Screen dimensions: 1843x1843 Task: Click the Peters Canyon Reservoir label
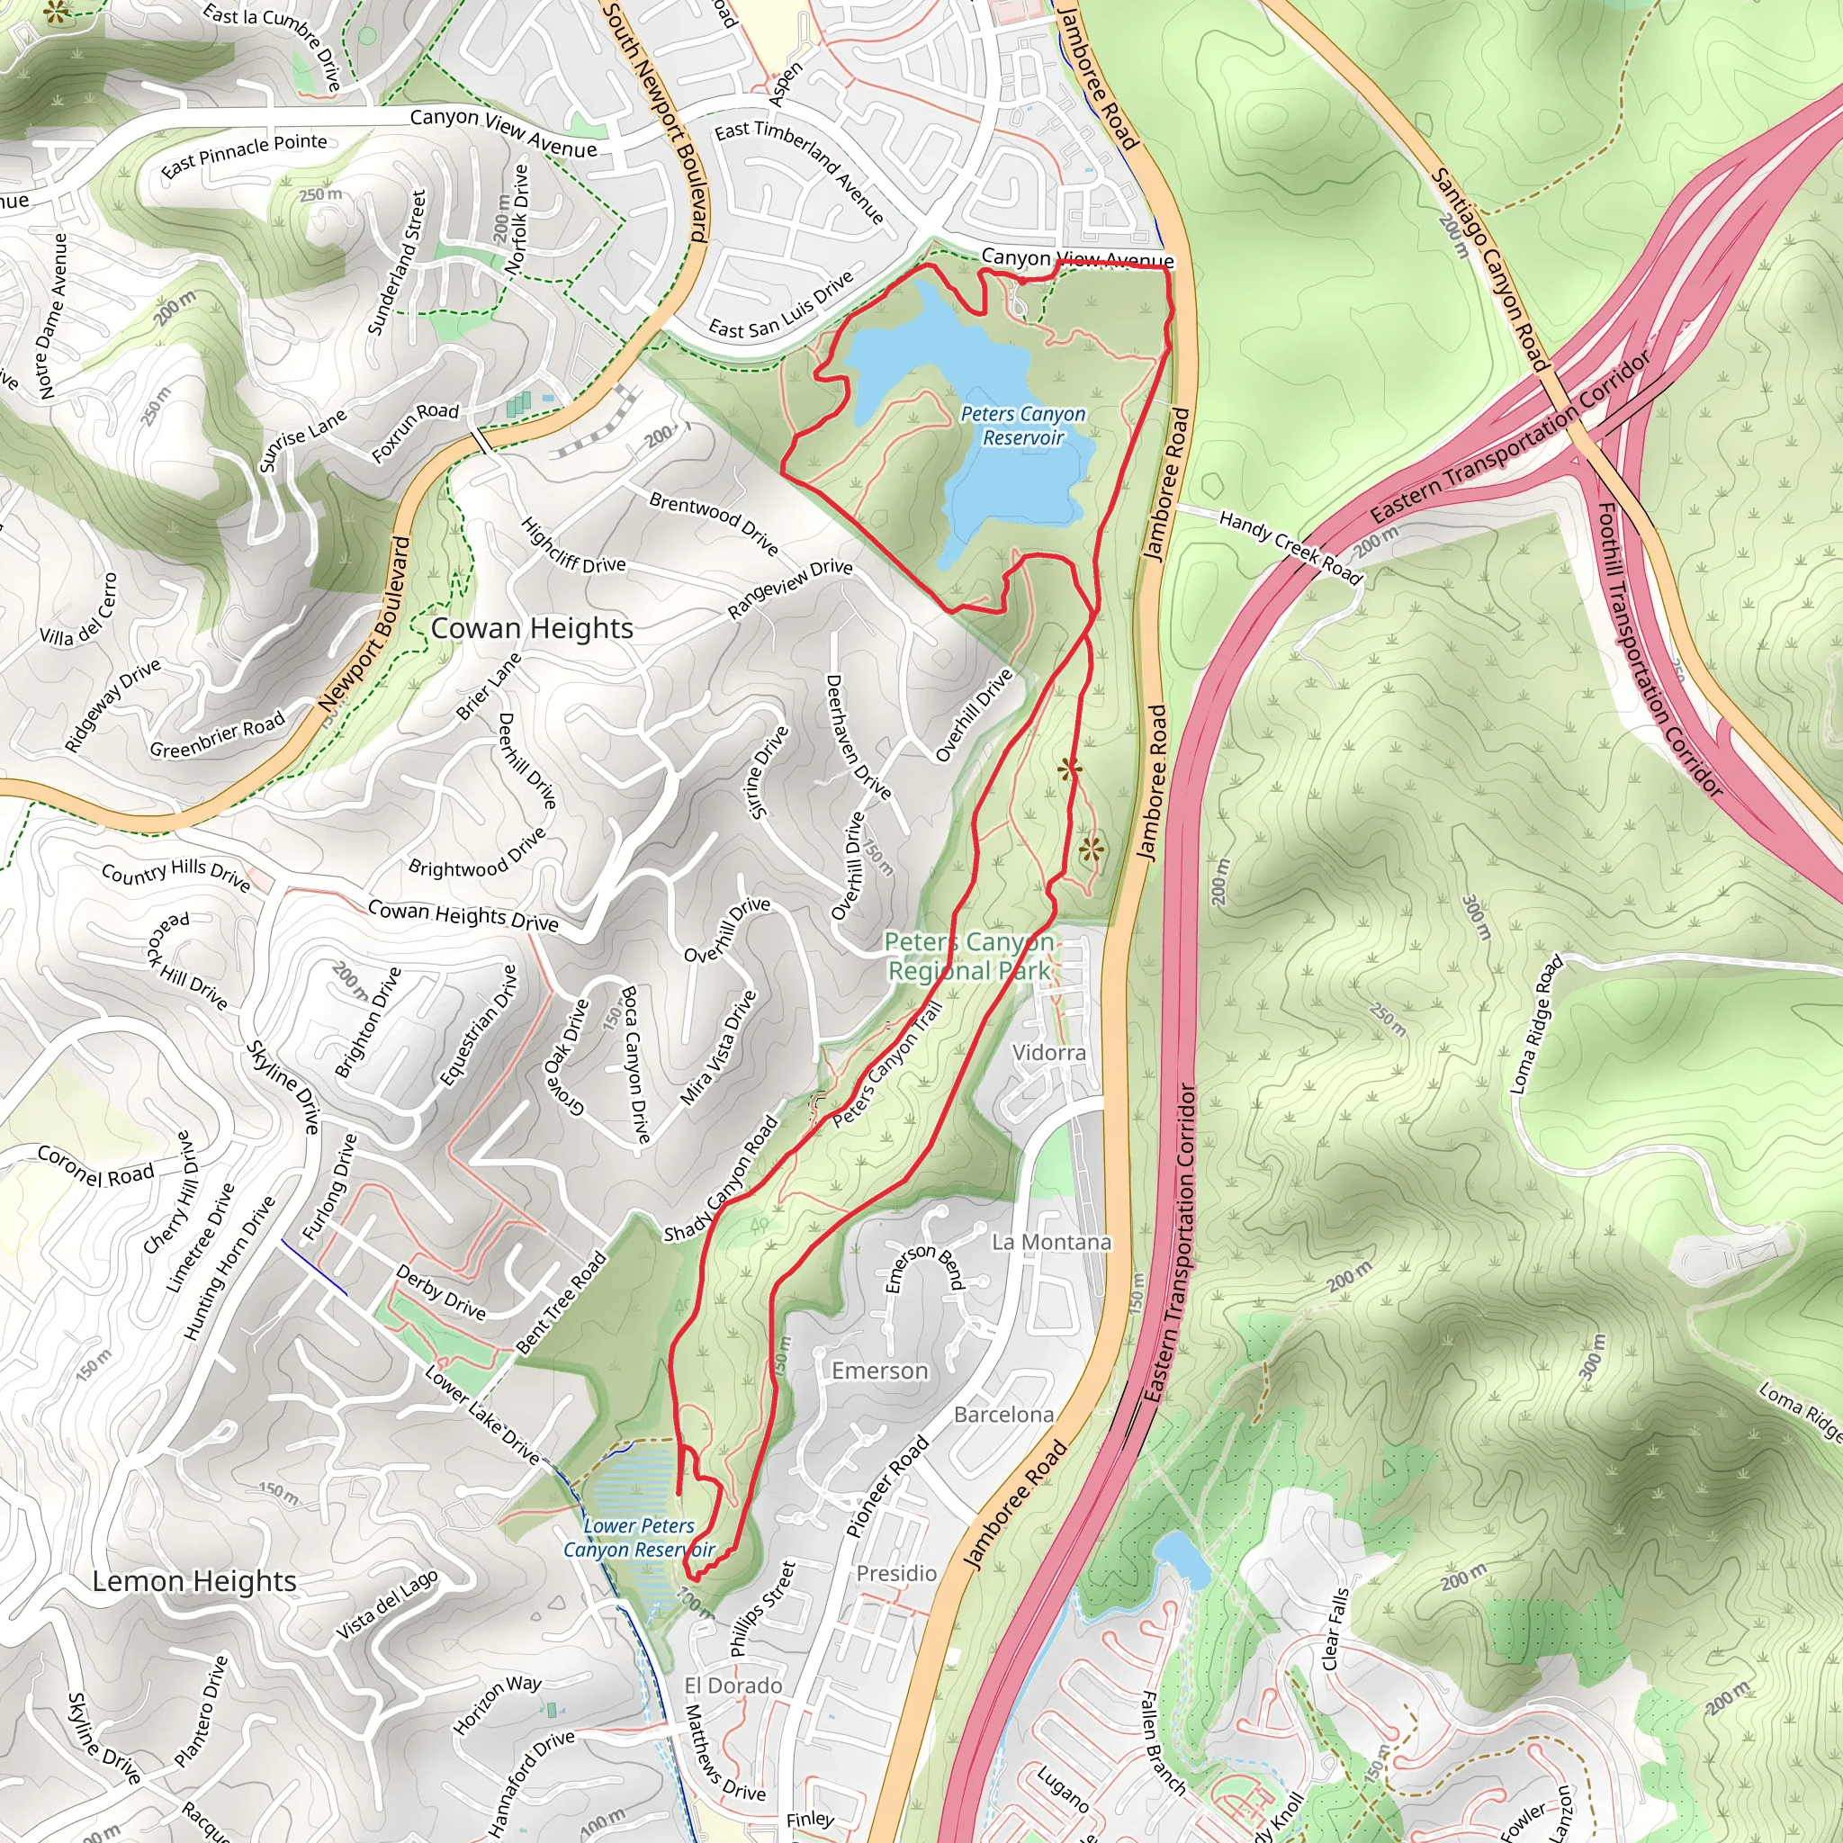[1022, 426]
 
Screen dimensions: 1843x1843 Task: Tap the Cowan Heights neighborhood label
[533, 629]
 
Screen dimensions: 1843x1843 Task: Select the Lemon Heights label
[194, 1580]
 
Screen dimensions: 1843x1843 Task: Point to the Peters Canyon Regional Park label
[968, 956]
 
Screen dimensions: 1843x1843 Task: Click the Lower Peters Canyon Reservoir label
[638, 1537]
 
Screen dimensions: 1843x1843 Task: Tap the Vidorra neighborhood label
[1048, 1052]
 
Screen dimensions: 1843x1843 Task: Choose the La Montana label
[1051, 1242]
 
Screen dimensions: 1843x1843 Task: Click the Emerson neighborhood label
[879, 1371]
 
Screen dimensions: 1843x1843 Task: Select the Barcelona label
[1003, 1414]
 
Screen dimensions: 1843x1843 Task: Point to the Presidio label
[895, 1573]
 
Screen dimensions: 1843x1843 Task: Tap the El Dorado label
[733, 1686]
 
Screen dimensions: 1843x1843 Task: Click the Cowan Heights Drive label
[463, 916]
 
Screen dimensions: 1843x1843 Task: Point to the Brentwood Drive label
[714, 523]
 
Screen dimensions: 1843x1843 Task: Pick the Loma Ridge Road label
[1537, 1023]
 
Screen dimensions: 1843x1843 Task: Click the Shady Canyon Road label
[721, 1179]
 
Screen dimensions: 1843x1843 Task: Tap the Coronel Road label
[95, 1165]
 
